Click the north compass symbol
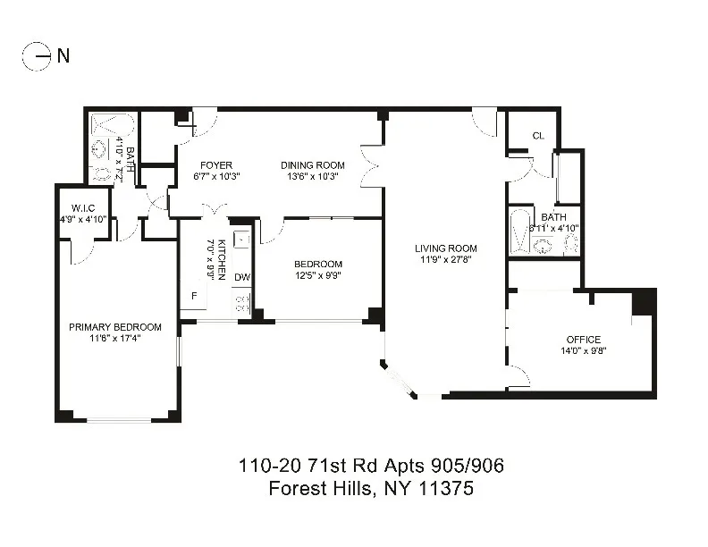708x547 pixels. (x=37, y=56)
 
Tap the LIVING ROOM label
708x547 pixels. (x=445, y=248)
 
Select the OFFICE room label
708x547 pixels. (x=583, y=340)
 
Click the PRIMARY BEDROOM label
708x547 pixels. (x=114, y=326)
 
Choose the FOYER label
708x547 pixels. (x=216, y=165)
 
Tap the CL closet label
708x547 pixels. (x=538, y=136)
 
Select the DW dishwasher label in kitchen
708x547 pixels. (x=241, y=277)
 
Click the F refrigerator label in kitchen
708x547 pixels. (x=192, y=296)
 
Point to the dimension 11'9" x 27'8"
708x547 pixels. (x=445, y=260)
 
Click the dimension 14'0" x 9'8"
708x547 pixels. (x=583, y=351)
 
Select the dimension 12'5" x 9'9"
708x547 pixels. (x=318, y=275)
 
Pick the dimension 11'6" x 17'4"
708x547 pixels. (x=114, y=338)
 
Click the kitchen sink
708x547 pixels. (x=240, y=239)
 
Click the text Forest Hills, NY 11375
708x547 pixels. (x=371, y=489)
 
